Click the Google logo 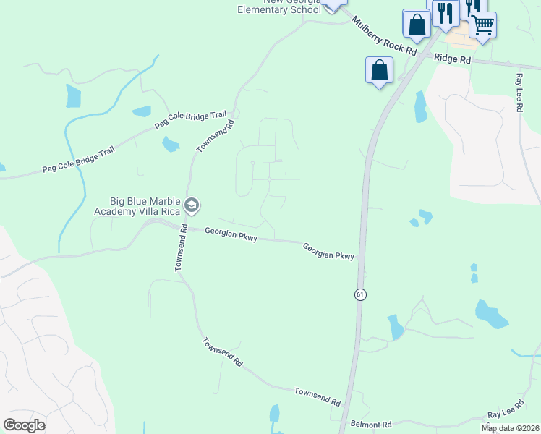24,425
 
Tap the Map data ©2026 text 510,428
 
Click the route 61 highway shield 359,294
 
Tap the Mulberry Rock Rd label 385,35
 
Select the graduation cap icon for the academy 192,206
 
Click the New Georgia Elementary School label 279,6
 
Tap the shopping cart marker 482,25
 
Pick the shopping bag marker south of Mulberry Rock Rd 379,71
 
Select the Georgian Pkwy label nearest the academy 231,233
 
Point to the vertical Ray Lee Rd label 519,92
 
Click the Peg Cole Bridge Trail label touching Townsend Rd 191,120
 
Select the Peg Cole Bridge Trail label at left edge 78,158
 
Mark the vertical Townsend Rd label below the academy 181,248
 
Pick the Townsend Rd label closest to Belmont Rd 317,396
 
